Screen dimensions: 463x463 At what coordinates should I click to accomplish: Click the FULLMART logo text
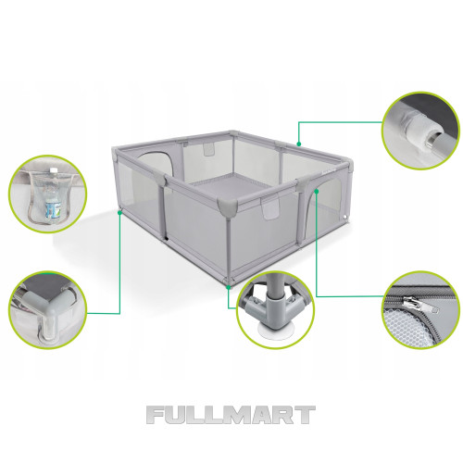pyautogui.click(x=231, y=415)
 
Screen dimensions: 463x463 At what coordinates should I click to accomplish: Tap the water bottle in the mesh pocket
pyautogui.click(x=52, y=194)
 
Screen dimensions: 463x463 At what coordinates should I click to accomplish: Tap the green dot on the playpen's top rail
pyautogui.click(x=298, y=144)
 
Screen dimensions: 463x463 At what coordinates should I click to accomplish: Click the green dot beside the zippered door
pyautogui.click(x=316, y=191)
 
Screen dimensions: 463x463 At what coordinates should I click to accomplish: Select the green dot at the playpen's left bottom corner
pyautogui.click(x=119, y=213)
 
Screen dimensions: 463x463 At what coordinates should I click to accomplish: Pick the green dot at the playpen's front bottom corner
pyautogui.click(x=229, y=287)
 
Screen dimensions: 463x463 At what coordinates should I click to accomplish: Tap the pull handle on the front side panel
pyautogui.click(x=270, y=208)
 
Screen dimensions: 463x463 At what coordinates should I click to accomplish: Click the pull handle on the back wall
pyautogui.click(x=209, y=149)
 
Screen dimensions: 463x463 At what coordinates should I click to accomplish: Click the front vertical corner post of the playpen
pyautogui.click(x=229, y=247)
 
